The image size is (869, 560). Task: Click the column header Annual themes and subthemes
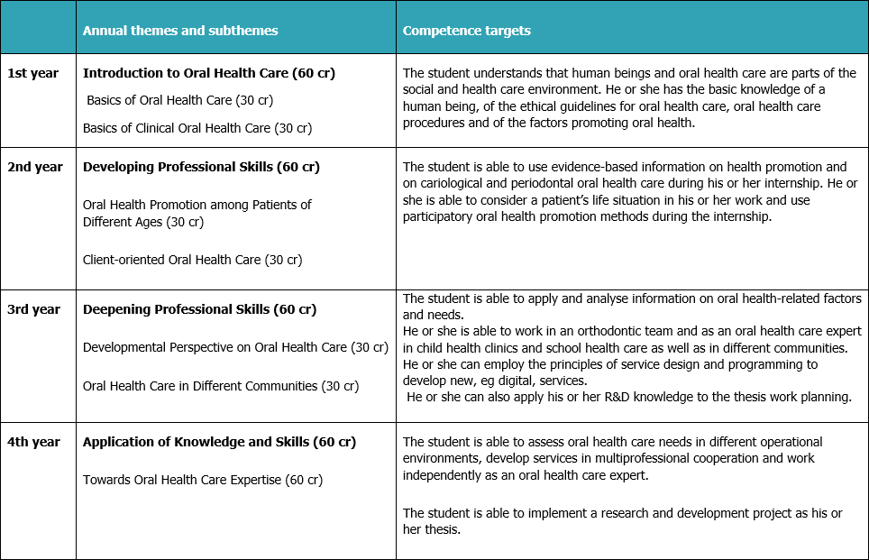click(x=180, y=31)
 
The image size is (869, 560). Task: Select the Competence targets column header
click(x=466, y=31)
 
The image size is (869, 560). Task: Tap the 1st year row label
click(x=32, y=73)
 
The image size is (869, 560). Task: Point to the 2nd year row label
click(x=34, y=167)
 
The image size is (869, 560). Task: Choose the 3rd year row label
click(x=34, y=309)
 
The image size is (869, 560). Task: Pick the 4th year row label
click(x=34, y=442)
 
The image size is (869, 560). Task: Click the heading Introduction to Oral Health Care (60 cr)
click(x=208, y=73)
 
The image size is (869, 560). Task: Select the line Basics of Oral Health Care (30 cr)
click(x=180, y=100)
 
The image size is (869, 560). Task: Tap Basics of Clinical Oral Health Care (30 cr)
click(x=197, y=128)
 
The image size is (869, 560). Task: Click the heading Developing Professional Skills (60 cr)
click(x=201, y=167)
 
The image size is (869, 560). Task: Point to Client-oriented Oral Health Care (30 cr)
click(x=192, y=260)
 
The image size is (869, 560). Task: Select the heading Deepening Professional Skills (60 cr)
click(x=199, y=309)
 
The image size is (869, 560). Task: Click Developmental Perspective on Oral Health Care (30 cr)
click(x=235, y=346)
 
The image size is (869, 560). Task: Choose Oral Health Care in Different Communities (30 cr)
click(x=221, y=386)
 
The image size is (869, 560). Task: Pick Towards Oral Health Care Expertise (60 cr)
click(x=203, y=480)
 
